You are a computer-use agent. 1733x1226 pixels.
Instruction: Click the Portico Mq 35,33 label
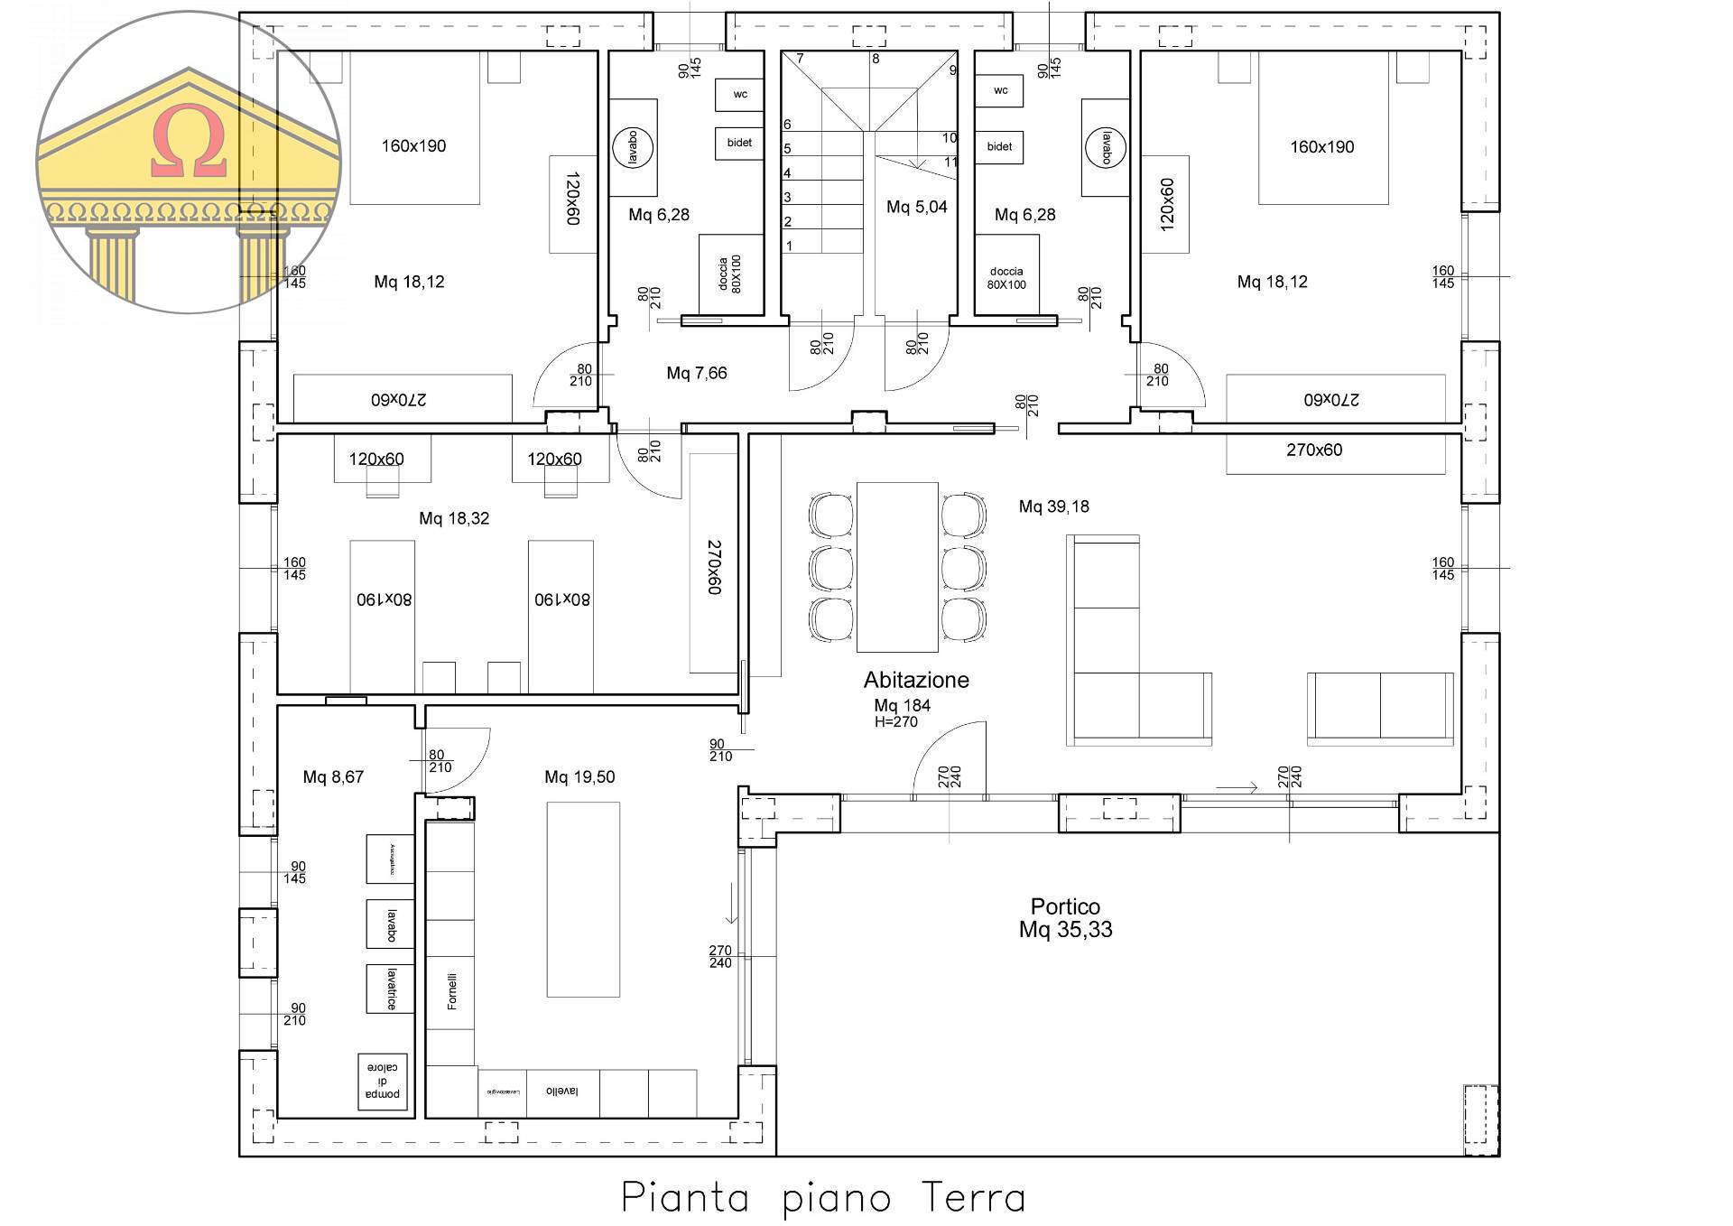coord(1065,918)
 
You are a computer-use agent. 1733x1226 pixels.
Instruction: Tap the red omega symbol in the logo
coord(189,141)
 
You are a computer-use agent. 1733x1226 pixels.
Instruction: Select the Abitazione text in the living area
coord(915,680)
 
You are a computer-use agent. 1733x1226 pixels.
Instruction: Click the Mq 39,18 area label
coord(1053,506)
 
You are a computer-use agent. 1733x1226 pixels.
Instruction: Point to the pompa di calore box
coord(383,1081)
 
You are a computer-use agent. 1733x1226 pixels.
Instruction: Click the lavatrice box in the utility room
coord(390,989)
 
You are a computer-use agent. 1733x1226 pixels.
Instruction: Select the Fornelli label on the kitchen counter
coord(451,990)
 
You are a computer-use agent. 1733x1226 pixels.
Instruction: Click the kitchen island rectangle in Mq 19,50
coord(583,899)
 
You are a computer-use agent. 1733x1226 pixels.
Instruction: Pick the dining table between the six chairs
coord(896,567)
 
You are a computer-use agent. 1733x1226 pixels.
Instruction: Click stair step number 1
coord(789,246)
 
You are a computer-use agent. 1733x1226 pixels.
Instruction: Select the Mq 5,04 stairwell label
coord(916,207)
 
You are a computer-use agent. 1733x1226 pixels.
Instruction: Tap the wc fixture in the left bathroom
coord(740,94)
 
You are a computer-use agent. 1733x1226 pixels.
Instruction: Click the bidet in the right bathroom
coord(999,146)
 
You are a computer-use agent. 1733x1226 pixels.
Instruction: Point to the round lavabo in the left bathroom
coord(632,147)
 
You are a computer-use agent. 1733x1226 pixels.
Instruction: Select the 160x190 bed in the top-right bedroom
coord(1321,146)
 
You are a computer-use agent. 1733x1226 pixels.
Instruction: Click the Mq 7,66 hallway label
coord(696,373)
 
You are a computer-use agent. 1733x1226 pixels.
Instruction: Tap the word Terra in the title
coord(973,1199)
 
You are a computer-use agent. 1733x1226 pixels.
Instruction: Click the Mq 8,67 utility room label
coord(333,776)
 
